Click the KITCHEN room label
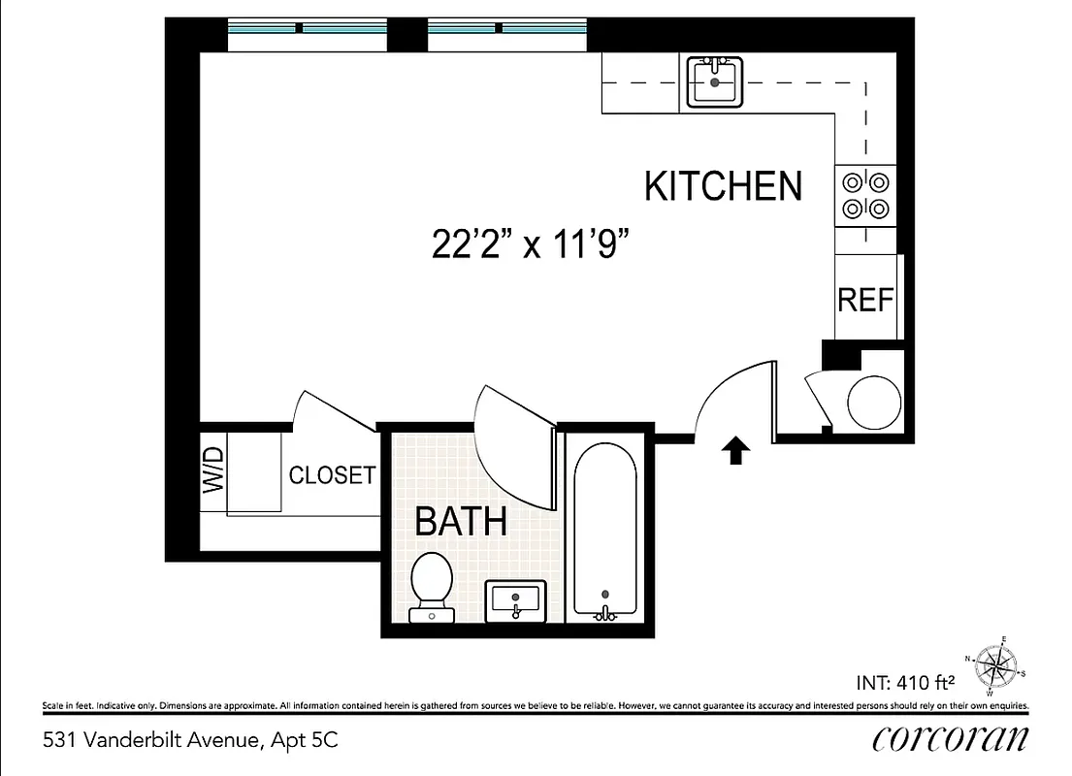[x=724, y=185]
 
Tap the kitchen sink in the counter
[x=715, y=82]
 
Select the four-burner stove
[x=864, y=195]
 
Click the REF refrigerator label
[x=864, y=301]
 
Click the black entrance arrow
[x=735, y=450]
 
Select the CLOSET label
[x=332, y=475]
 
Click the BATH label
[x=461, y=522]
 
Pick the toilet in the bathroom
[x=432, y=585]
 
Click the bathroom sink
[x=515, y=599]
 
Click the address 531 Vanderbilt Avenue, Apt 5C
[x=191, y=741]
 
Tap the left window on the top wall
[x=307, y=36]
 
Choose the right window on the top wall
[x=507, y=36]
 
